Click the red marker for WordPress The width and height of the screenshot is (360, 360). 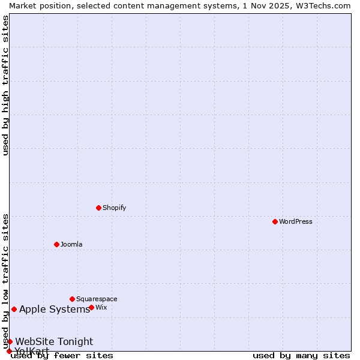[275, 221]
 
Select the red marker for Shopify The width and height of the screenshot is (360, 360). [98, 208]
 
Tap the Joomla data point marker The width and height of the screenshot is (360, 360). [56, 244]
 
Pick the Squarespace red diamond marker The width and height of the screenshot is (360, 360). [72, 299]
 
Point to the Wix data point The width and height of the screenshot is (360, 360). [91, 307]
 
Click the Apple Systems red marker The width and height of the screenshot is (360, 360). [14, 309]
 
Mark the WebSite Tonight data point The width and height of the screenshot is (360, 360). [10, 341]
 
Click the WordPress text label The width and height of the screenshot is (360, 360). [296, 221]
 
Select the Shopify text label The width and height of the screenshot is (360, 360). [114, 208]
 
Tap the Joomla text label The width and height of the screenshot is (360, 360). [71, 244]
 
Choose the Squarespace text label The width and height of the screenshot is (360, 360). [97, 299]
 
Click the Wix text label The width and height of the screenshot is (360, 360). [101, 307]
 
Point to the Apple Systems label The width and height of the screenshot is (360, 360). [55, 309]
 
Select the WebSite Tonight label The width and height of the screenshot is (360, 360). [54, 341]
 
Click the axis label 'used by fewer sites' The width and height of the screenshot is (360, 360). [62, 355]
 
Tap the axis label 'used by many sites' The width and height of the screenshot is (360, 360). [301, 355]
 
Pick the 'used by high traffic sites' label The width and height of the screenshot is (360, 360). [5, 85]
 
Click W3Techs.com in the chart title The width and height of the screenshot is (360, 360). [321, 5]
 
